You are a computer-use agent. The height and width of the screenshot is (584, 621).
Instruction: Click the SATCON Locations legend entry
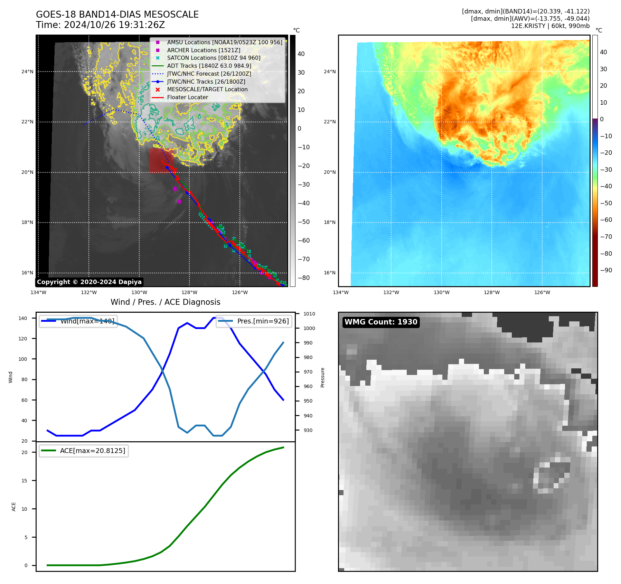tap(214, 58)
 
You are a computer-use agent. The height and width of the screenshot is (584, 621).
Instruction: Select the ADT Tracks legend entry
tap(209, 66)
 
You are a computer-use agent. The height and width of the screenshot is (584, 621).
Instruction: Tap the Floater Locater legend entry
tap(187, 97)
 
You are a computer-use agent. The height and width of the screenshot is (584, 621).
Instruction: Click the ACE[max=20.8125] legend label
tap(92, 451)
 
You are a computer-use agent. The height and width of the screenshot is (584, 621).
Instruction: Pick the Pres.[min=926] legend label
tap(263, 321)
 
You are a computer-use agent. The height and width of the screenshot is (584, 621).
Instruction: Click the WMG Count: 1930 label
tap(381, 322)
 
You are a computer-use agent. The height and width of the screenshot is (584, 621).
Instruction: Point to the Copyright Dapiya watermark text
tap(89, 282)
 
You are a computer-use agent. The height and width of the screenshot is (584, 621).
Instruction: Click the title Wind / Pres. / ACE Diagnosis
tap(165, 302)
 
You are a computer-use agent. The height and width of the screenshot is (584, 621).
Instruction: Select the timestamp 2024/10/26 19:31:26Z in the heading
tap(114, 25)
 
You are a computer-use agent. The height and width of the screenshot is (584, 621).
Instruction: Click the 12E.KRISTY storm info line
tap(550, 26)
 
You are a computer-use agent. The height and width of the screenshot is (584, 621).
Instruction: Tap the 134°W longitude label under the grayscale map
tap(38, 292)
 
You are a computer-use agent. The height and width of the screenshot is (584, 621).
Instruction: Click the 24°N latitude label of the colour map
tap(329, 72)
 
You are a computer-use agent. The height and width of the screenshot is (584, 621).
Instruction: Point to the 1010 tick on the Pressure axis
tap(309, 314)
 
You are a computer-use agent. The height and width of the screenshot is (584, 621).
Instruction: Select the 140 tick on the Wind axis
tap(23, 318)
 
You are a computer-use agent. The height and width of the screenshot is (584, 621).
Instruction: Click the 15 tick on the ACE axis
tap(24, 481)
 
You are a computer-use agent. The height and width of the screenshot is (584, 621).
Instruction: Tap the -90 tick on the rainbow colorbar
tap(606, 270)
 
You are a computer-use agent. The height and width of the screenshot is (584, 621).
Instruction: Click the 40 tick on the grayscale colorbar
tap(301, 54)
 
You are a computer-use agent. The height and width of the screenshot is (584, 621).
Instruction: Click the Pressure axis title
tap(322, 377)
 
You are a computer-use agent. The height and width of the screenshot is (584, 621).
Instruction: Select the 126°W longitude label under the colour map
tap(542, 292)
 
